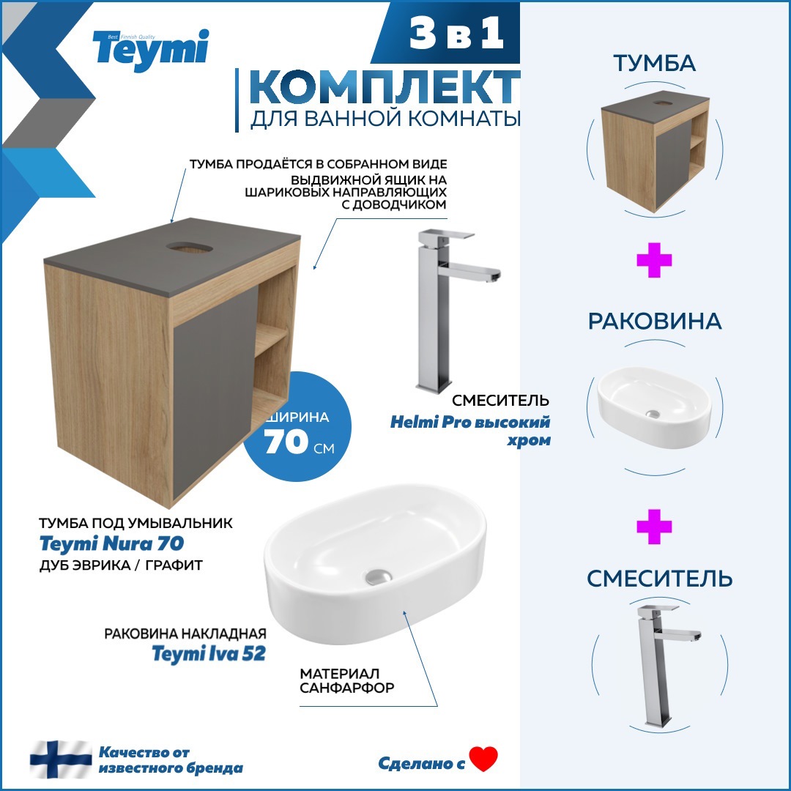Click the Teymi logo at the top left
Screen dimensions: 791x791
pos(150,50)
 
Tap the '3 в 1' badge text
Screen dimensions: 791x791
pos(458,36)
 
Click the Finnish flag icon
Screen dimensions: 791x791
pos(61,760)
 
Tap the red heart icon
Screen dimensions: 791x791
pos(483,759)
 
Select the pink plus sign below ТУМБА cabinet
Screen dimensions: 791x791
pos(654,261)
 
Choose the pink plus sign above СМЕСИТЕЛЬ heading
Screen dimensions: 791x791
pos(654,527)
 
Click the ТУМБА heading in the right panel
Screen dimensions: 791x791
pos(655,64)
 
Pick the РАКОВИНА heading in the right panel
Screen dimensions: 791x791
pos(655,322)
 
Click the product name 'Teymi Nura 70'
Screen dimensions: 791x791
pos(111,544)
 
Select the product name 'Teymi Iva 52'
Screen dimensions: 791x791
pos(208,653)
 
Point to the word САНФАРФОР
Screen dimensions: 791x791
pos(347,688)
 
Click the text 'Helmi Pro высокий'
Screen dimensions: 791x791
pos(469,423)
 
